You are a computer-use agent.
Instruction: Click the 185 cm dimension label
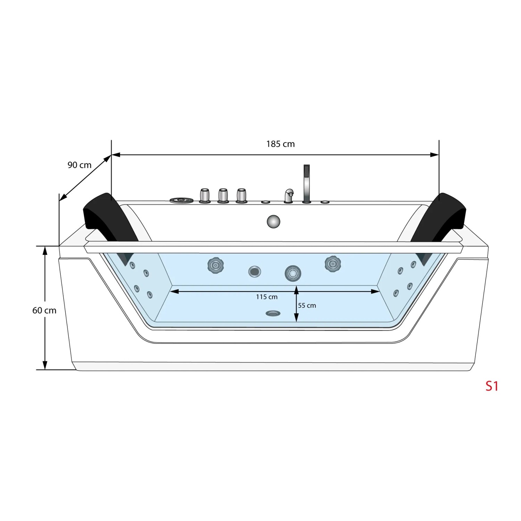point(280,144)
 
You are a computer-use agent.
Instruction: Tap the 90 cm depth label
point(80,165)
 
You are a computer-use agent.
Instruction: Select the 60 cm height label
point(44,310)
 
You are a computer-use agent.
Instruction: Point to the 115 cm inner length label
point(267,297)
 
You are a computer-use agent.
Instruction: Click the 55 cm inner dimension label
point(307,306)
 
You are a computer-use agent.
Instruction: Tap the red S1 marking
point(491,386)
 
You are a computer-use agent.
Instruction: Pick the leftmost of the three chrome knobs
point(205,196)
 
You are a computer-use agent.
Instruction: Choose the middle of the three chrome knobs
point(223,196)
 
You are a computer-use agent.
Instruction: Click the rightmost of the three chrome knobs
point(241,196)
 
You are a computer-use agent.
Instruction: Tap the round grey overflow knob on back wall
point(274,222)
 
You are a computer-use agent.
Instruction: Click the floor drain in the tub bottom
point(273,313)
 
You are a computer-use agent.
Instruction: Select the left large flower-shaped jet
point(215,265)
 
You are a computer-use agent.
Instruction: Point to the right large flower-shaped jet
point(332,264)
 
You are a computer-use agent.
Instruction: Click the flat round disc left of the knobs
point(181,200)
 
